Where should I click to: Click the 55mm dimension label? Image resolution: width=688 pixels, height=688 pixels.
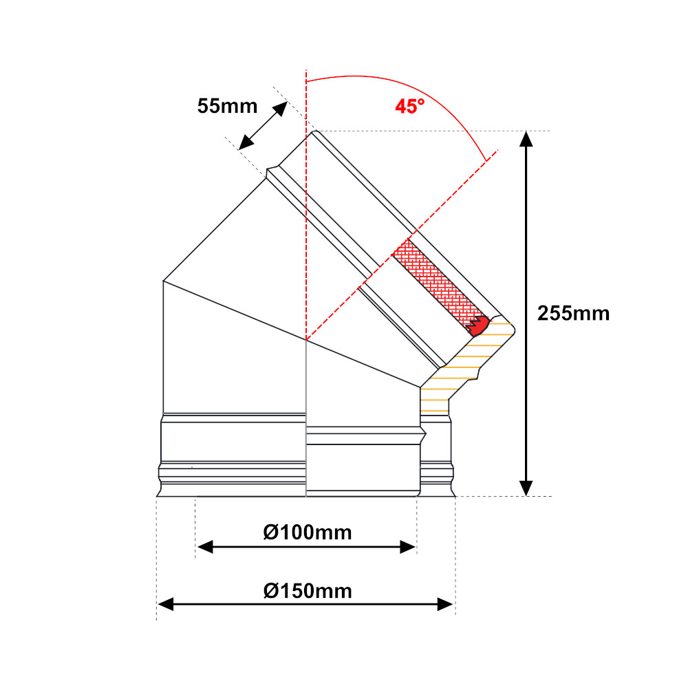[x=227, y=106]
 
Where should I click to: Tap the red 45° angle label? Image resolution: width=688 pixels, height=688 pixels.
[x=410, y=106]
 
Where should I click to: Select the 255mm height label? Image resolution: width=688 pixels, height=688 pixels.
[x=574, y=313]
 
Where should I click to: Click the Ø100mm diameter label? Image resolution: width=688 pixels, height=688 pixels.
[x=308, y=533]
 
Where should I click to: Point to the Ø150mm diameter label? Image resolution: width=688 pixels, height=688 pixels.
[x=308, y=591]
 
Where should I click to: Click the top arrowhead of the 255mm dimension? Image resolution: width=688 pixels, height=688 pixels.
[x=526, y=139]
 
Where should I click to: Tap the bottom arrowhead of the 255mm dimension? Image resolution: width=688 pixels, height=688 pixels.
[x=526, y=488]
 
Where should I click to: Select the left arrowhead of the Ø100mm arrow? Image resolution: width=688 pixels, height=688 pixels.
[x=205, y=547]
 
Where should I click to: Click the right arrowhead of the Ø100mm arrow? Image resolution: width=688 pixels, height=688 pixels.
[x=407, y=547]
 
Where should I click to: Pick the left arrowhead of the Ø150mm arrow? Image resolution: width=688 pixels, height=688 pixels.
[x=165, y=604]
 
